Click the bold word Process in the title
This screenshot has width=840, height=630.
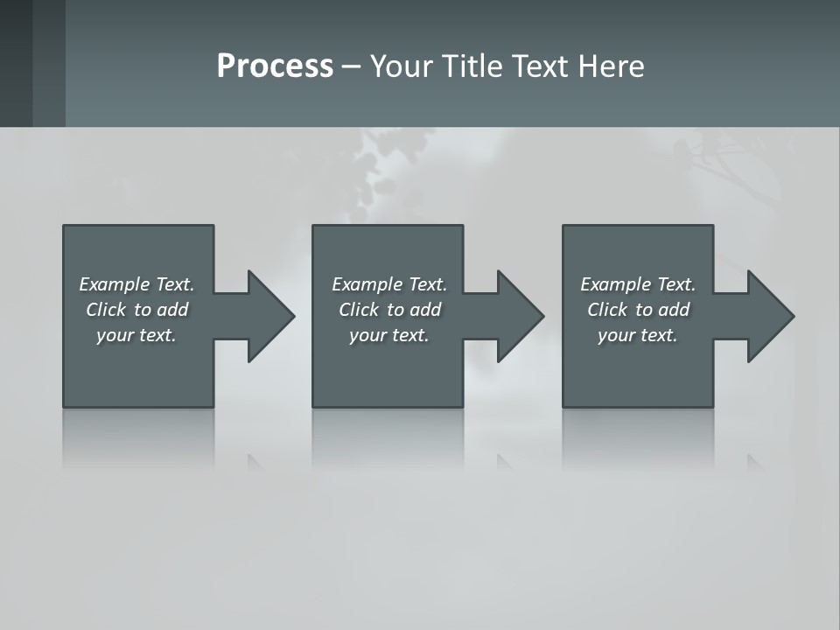tap(275, 66)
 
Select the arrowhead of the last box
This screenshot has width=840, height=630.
tap(769, 316)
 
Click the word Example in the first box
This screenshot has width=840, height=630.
tap(115, 284)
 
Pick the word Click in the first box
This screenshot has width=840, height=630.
tap(106, 310)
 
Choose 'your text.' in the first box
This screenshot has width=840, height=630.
tap(136, 335)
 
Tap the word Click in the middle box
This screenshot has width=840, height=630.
tap(359, 310)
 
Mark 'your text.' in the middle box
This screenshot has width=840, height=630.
tap(389, 335)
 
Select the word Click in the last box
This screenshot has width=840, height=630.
tap(607, 310)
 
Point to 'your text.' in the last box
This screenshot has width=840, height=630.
tap(638, 335)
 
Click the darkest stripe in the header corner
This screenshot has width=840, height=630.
tap(16, 63)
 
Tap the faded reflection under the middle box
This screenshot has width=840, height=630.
tap(388, 437)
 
